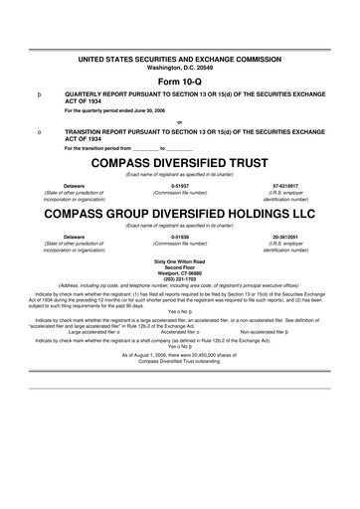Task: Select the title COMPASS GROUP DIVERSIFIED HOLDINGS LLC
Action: tap(180, 213)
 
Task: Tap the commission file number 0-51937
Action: tap(180, 185)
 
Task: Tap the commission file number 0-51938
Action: tap(180, 237)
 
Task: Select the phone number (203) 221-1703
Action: tap(180, 277)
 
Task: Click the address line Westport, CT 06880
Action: tap(180, 271)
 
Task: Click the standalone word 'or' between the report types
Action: tap(180, 122)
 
